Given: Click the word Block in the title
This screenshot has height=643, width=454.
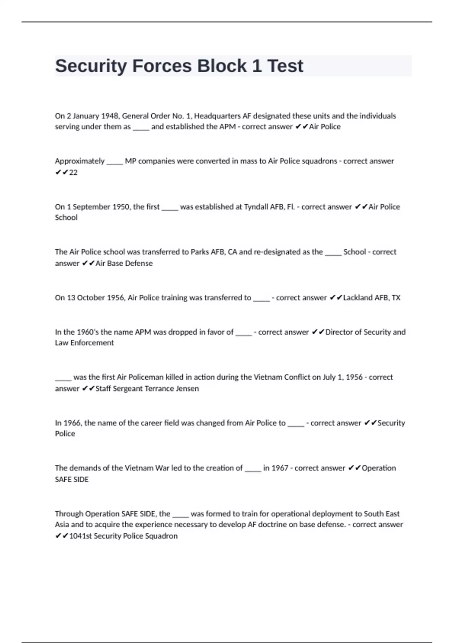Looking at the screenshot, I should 222,66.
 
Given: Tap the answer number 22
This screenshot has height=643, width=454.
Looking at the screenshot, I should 73,172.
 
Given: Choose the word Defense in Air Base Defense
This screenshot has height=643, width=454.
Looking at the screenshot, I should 139,263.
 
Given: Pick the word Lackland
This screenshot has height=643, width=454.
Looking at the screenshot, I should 358,298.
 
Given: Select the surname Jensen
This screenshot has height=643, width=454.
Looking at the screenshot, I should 187,388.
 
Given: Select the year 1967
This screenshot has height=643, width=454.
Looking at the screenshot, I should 280,468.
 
